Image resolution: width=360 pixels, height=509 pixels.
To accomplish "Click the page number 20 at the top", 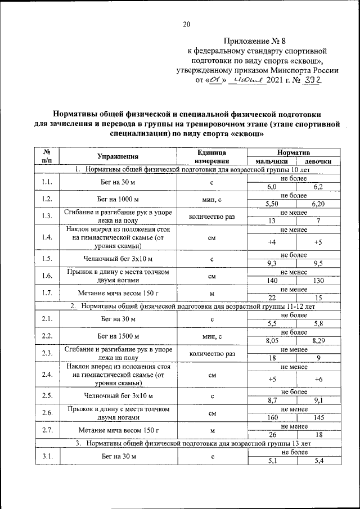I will tap(187, 24).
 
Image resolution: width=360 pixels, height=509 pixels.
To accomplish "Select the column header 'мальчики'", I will tap(272, 161).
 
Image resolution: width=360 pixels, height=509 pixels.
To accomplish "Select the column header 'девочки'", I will tap(318, 161).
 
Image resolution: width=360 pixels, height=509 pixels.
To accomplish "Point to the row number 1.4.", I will tap(47, 238).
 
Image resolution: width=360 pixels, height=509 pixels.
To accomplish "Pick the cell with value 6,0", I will tap(272, 186).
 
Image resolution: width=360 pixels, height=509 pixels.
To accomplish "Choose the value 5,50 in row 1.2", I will tap(272, 204).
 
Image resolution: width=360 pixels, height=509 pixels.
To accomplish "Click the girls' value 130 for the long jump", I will tap(318, 280).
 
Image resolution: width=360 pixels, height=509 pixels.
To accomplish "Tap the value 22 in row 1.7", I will tap(272, 298).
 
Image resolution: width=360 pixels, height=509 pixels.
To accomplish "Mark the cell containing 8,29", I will tap(318, 340).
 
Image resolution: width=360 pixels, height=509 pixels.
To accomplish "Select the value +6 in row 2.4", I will tap(318, 379).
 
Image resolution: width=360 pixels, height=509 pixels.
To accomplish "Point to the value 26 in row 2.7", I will tap(272, 435).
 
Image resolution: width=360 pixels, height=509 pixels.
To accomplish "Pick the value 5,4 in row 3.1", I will tap(318, 461).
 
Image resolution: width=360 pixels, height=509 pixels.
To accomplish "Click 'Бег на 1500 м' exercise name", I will tap(118, 336).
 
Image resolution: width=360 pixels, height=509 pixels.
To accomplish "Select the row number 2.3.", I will tap(47, 353).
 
